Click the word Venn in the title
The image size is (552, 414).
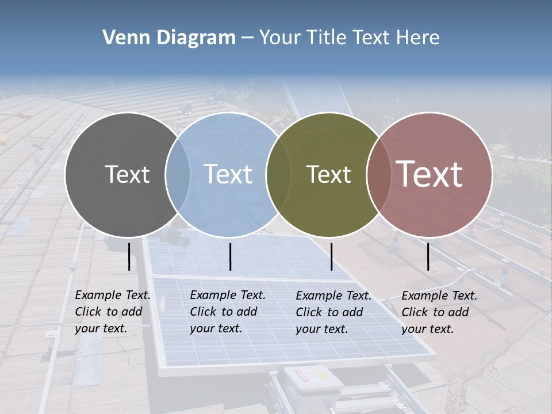126,38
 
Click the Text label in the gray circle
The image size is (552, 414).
127,174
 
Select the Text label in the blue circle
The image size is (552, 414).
228,174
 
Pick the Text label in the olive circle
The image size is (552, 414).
328,174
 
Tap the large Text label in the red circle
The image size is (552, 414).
430,174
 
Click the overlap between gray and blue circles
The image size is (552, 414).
178,175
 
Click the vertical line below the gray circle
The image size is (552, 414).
129,256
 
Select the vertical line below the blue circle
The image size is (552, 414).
230,256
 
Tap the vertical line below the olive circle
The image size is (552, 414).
331,256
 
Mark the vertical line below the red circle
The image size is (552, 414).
428,256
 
